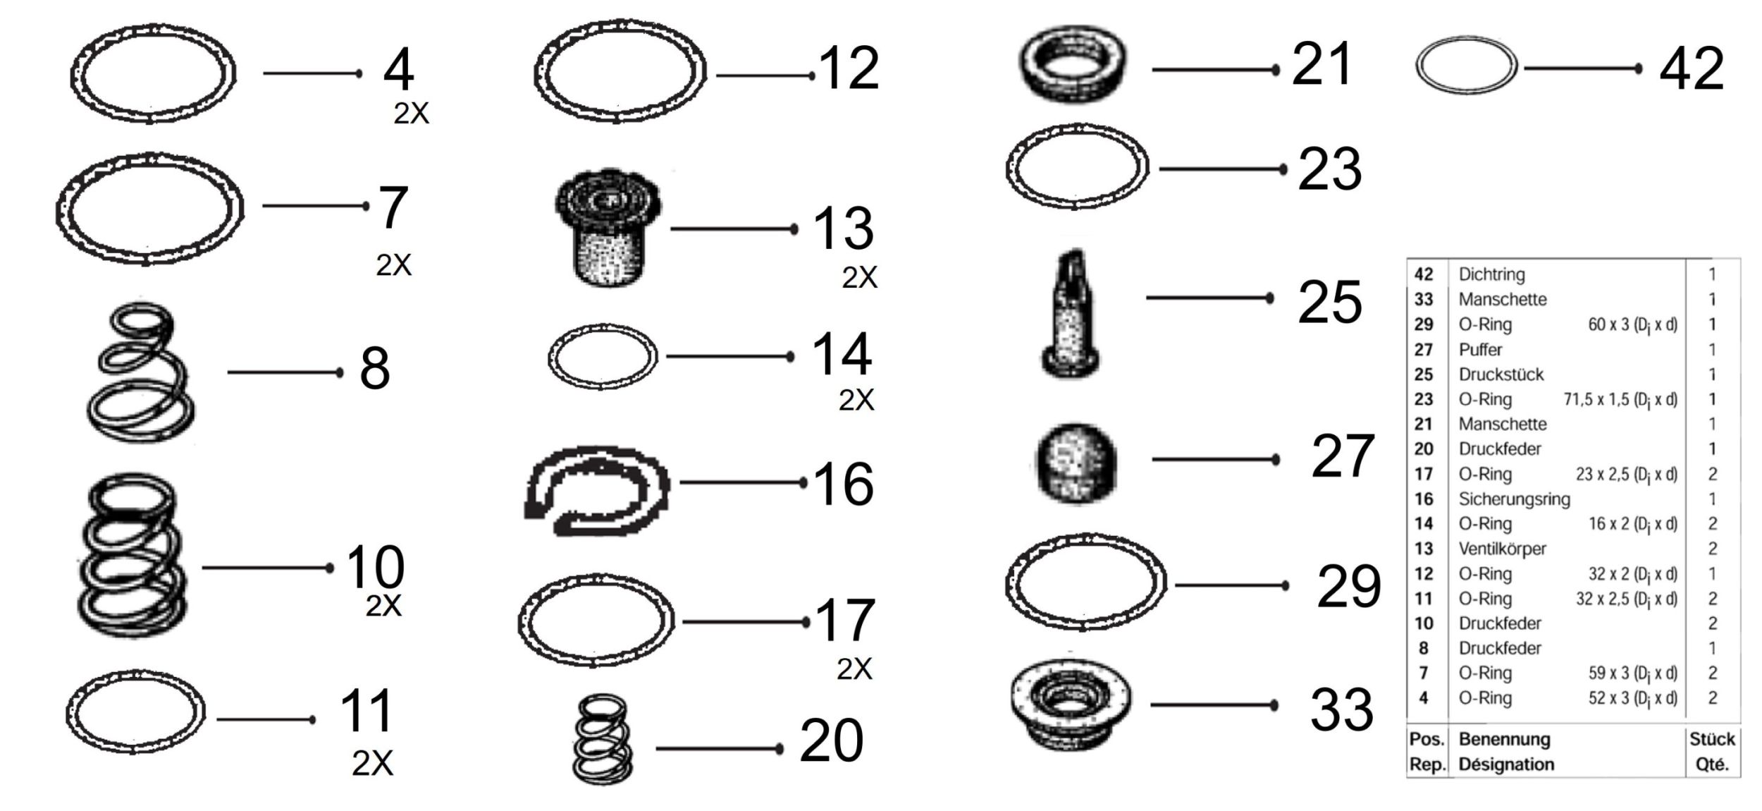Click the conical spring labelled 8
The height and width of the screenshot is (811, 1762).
[x=141, y=372]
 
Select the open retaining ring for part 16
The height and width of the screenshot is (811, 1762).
[x=596, y=491]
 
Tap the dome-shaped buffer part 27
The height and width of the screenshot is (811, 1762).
[x=1077, y=463]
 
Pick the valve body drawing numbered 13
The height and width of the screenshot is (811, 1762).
[x=608, y=228]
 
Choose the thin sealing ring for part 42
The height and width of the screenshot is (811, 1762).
[x=1467, y=68]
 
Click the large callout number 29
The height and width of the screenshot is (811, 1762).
[x=1348, y=586]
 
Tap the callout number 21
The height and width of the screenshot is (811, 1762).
[x=1321, y=63]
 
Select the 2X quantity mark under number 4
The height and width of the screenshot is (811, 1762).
[x=411, y=113]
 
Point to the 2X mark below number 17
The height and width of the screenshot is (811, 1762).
[x=854, y=669]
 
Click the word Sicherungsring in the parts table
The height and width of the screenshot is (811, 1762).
[x=1514, y=499]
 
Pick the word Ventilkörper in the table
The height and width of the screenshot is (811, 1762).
[x=1502, y=549]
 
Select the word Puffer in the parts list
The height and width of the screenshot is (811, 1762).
[x=1480, y=350]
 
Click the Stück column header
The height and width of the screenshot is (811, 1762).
[x=1712, y=739]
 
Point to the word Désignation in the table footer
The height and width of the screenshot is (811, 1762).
[x=1506, y=764]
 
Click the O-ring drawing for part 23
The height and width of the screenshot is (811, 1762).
[x=1076, y=167]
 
